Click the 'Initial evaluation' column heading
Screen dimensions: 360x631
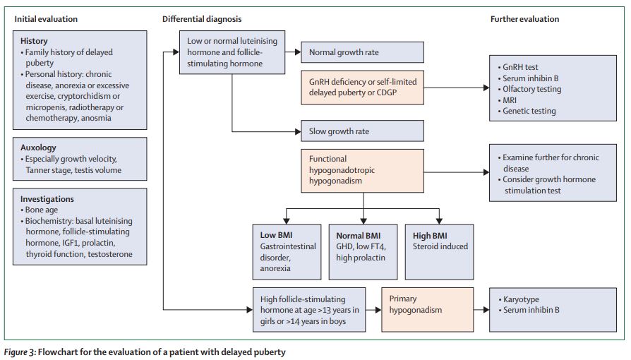pyautogui.click(x=47, y=19)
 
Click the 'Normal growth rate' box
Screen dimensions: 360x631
pyautogui.click(x=362, y=52)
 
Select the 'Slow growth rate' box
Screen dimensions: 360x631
pyautogui.click(x=362, y=131)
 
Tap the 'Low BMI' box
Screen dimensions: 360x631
pyautogui.click(x=284, y=250)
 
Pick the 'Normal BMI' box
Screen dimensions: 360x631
pyautogui.click(x=362, y=250)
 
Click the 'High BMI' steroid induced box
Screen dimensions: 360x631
pyautogui.click(x=438, y=250)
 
